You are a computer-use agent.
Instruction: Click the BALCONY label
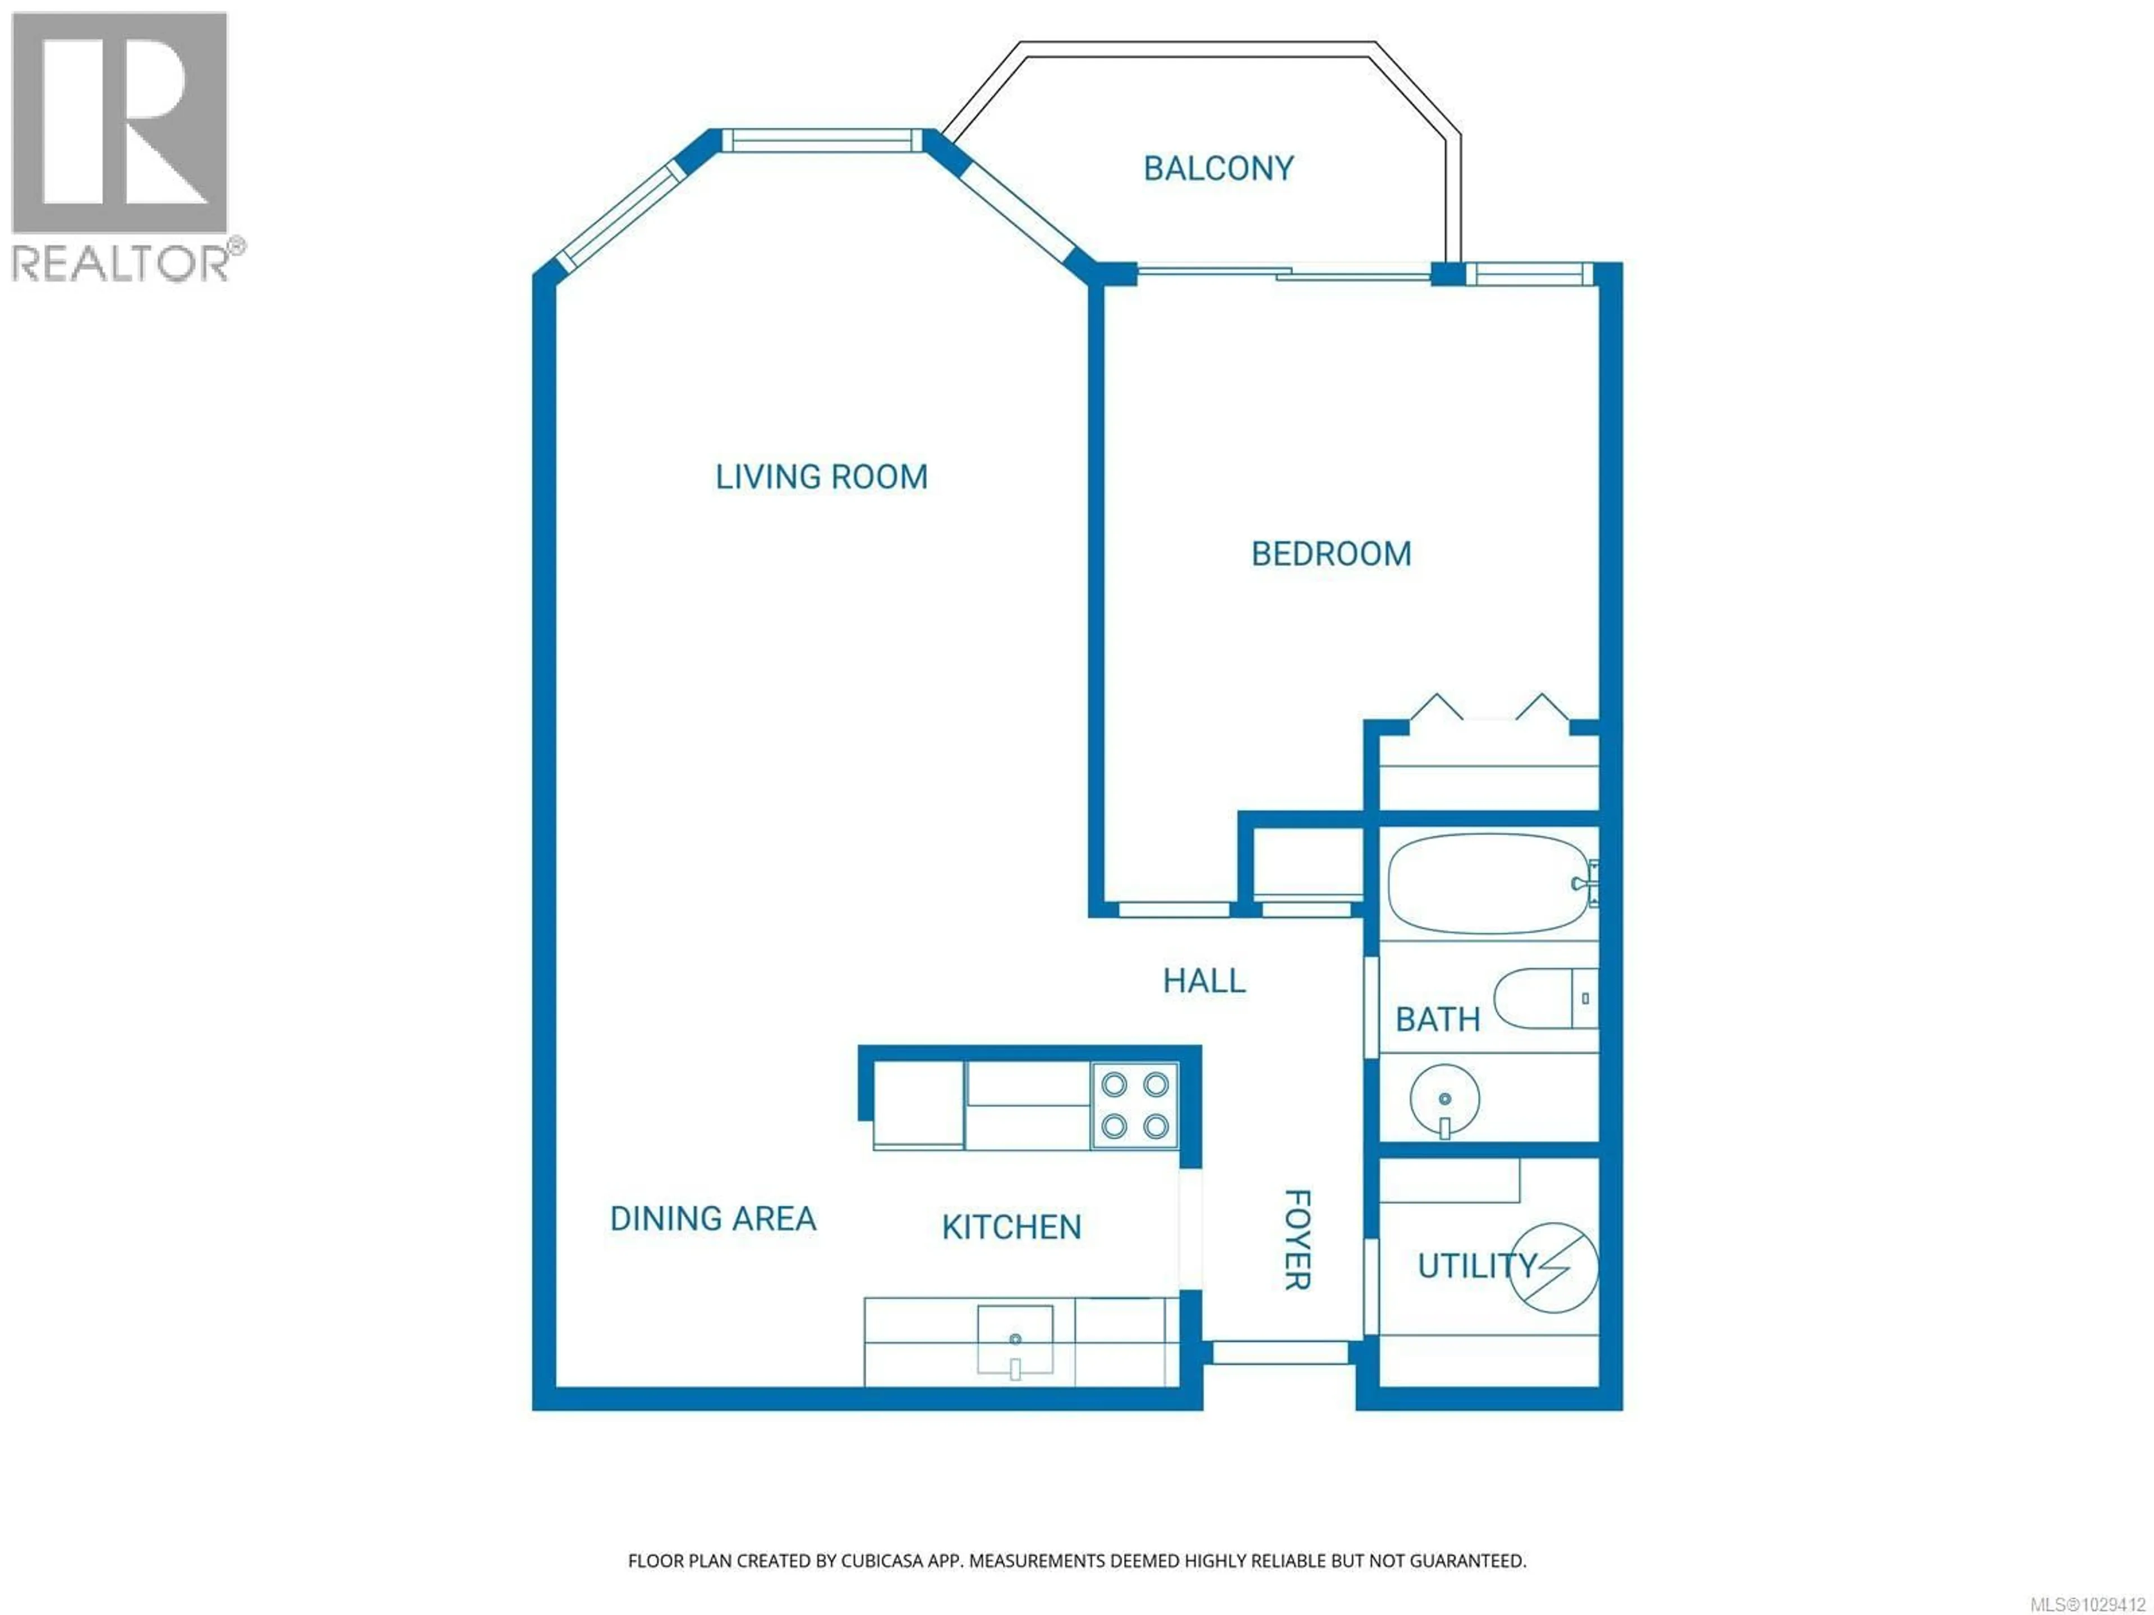click(1218, 168)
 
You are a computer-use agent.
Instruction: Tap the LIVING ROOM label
click(821, 477)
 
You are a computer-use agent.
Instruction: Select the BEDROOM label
click(1330, 554)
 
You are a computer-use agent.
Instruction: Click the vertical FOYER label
click(1297, 1239)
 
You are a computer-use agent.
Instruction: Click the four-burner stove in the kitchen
click(1134, 1105)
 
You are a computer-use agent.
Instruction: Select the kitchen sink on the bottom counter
click(1015, 1340)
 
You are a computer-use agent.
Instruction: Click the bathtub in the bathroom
click(1485, 884)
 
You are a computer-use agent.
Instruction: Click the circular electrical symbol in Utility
click(1554, 1267)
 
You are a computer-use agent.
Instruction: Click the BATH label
click(1437, 1020)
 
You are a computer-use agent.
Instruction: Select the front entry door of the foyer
click(1279, 1352)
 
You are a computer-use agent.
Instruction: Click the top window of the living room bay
click(821, 141)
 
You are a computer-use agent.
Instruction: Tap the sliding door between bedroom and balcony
click(1283, 273)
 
